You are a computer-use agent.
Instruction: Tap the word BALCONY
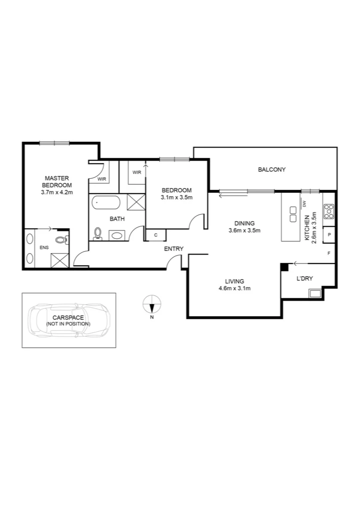point(272,170)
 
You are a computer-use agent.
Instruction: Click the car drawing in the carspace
point(69,321)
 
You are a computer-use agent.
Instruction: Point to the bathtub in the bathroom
point(106,203)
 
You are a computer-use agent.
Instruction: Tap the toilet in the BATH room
point(98,233)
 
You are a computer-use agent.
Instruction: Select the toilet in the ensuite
point(61,240)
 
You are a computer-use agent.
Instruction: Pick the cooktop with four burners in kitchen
point(328,211)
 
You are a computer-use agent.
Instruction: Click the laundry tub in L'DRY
point(315,294)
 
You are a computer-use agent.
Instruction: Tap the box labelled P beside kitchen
point(328,234)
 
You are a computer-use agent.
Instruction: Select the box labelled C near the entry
point(156,235)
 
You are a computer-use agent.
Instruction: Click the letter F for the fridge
point(329,253)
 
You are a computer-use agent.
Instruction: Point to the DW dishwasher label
point(305,204)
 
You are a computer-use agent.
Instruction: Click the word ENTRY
point(173,249)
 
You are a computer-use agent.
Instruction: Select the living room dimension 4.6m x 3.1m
point(234,288)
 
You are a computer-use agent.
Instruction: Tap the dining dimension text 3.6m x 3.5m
point(244,230)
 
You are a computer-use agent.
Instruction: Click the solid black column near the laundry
point(284,267)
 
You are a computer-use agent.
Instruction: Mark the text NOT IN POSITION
point(69,324)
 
